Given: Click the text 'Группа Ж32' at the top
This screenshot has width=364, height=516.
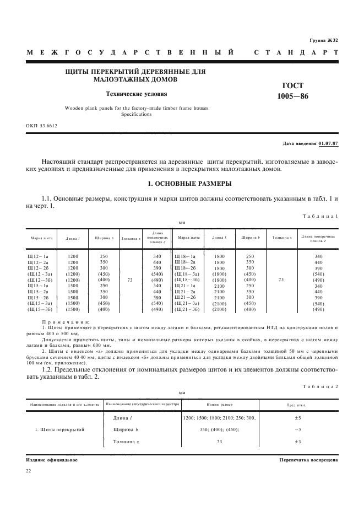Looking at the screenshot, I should [x=323, y=40].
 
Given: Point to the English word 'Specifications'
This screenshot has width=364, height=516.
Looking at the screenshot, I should [x=136, y=115].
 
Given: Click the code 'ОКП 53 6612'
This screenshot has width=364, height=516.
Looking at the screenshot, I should [x=41, y=126].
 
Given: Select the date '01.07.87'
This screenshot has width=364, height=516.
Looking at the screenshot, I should [x=328, y=143].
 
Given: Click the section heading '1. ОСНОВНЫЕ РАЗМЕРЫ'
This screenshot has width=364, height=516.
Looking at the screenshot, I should [x=182, y=184].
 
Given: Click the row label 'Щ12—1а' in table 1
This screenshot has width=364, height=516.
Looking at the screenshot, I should [x=38, y=256].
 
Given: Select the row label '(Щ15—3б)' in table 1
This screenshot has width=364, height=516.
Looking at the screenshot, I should [x=39, y=310].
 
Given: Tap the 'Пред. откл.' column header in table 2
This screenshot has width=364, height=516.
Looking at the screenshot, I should [x=296, y=405].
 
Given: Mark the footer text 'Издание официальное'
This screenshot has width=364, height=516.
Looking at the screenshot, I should [x=52, y=459].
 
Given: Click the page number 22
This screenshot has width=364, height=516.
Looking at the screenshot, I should [x=29, y=471].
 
